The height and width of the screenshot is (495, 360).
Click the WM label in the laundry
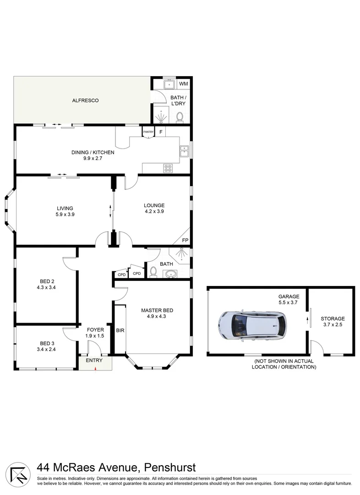coord(184,84)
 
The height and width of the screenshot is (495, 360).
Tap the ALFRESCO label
coord(85,100)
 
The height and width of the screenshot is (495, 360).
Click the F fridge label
coord(161,132)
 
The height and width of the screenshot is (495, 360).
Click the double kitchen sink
coord(184,151)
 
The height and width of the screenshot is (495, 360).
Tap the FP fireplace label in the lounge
coord(185,240)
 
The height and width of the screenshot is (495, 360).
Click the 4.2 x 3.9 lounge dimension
coord(154,212)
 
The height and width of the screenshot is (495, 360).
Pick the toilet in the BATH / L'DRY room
coord(180,118)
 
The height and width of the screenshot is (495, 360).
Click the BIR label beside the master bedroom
coord(120,330)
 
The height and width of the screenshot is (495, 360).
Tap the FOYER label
coord(95,330)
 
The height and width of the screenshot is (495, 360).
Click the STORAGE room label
coord(333,319)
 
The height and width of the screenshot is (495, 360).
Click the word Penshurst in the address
coord(170,467)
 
